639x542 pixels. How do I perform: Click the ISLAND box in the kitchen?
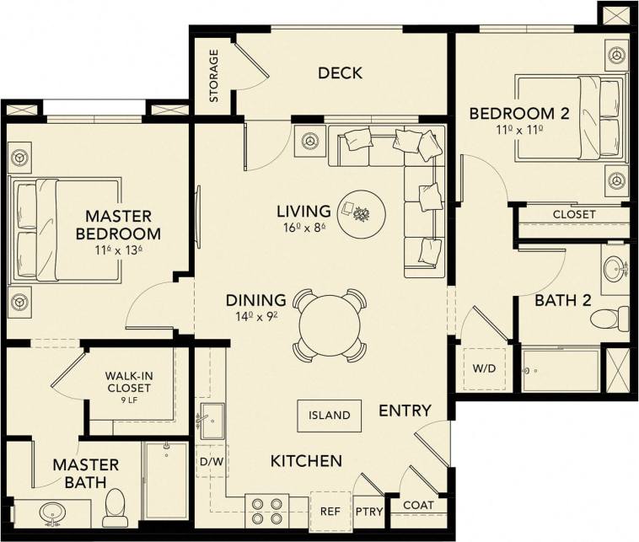[x=329, y=415]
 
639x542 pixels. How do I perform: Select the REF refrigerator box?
[x=329, y=511]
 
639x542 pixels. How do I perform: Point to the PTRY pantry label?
[x=368, y=511]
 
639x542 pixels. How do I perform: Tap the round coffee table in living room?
[x=362, y=212]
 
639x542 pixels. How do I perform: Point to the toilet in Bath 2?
[x=609, y=319]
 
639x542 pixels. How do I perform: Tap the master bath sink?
[x=53, y=512]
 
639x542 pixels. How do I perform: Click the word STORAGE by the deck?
[x=213, y=76]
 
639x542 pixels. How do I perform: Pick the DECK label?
[x=340, y=73]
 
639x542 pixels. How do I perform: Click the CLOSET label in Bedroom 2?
[x=574, y=214]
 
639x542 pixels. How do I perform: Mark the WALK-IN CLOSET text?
[x=127, y=382]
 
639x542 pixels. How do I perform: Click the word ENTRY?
[x=405, y=411]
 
